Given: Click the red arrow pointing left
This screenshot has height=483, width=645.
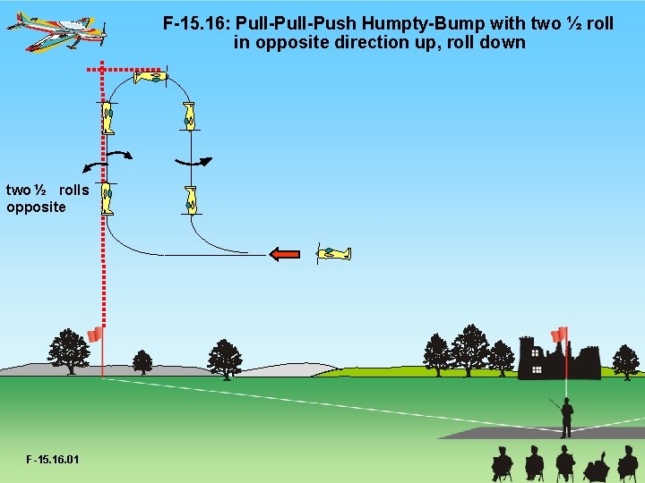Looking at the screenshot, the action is coord(284,254).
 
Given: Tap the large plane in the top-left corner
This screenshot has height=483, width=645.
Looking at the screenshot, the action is coord(59,31).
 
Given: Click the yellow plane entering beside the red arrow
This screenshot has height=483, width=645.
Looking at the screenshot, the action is coord(333,254).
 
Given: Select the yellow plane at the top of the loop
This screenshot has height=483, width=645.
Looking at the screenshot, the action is coord(150,78).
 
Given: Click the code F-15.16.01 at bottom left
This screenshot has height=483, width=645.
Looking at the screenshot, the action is coord(53,460).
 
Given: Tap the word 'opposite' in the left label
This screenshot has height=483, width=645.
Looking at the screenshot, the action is coord(36,208).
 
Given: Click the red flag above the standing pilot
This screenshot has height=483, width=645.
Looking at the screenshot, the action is coord(560,335).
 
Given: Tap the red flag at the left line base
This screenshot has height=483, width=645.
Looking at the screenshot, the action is coord(95,335).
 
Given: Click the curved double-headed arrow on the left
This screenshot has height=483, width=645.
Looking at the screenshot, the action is coord(106,158).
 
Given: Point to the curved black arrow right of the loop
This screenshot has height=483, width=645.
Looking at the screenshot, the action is coord(193,162).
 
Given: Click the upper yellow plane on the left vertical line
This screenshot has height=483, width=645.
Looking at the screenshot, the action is coord(107,117).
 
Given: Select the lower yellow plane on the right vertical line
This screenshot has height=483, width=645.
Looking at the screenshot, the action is coord(190,199).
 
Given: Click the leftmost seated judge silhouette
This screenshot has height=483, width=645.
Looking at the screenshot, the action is coord(503,464).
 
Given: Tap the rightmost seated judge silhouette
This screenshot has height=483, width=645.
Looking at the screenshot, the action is coord(628,464).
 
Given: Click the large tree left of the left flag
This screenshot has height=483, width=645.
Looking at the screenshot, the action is coord(68,351).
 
